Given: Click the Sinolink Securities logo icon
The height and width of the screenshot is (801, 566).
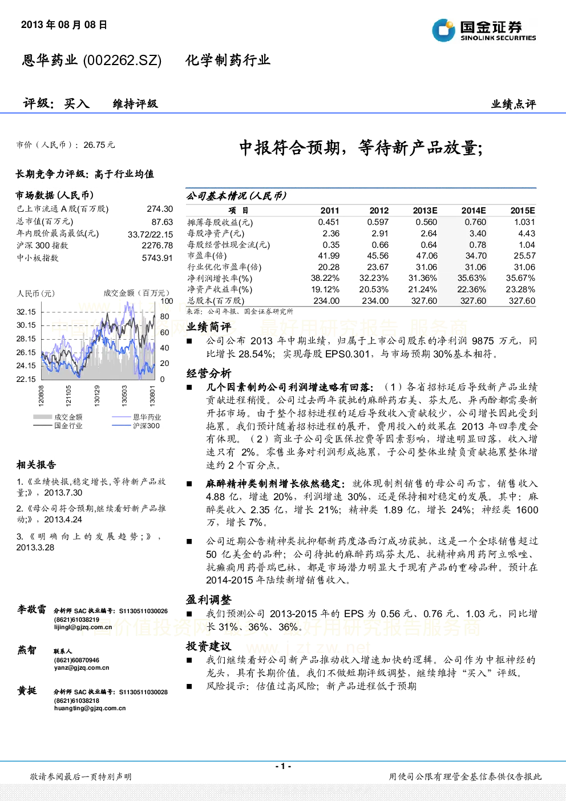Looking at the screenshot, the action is tap(443, 30).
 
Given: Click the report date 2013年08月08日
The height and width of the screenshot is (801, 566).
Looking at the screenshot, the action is tap(64, 25).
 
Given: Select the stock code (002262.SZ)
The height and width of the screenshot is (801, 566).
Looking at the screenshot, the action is tap(122, 61).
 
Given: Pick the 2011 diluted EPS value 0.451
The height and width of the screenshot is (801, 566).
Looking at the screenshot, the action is tap(329, 222).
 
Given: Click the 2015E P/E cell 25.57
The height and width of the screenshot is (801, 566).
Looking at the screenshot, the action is tap(524, 256).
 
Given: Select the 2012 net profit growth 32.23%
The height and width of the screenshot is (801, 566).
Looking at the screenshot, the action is tap(374, 278).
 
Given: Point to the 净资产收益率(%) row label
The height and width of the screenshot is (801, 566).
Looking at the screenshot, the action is tap(220, 289).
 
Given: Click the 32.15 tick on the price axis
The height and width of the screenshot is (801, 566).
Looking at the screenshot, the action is tap(26, 312).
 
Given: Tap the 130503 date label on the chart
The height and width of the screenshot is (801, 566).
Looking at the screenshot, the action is tap(124, 396).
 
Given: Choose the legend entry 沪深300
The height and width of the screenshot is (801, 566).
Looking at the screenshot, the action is tap(136, 426).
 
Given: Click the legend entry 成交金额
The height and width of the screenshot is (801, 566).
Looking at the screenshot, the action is tap(58, 417).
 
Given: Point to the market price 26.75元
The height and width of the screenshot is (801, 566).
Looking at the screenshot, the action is tap(99, 145).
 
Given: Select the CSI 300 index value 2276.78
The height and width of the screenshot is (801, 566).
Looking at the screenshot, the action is tap(157, 245).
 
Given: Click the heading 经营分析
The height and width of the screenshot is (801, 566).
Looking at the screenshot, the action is tap(209, 374).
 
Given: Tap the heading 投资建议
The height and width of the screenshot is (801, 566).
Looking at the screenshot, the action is tap(209, 646).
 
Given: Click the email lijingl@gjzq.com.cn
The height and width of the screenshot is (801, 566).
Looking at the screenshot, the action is tap(83, 627).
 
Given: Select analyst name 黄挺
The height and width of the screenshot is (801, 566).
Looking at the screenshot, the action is tap(27, 690).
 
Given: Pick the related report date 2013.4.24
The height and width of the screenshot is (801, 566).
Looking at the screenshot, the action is tap(63, 520).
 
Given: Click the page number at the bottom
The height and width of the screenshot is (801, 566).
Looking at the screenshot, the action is tap(283, 766).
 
